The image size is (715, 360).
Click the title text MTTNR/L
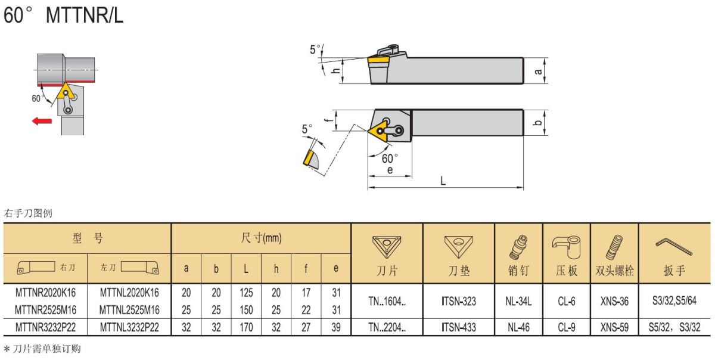click(x=85, y=15)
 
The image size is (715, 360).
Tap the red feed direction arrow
click(x=42, y=121)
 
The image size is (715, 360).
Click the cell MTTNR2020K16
click(x=46, y=293)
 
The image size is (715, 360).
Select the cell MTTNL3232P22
click(x=129, y=327)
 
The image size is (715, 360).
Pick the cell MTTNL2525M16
click(x=129, y=310)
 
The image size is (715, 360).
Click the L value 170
click(x=246, y=327)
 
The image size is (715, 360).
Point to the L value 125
click(x=246, y=293)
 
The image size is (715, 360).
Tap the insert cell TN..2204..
click(x=387, y=327)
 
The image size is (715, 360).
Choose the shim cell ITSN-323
click(x=459, y=301)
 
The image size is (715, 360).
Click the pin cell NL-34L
click(x=518, y=301)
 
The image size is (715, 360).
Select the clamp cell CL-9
click(x=567, y=327)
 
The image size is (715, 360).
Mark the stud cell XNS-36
click(x=614, y=301)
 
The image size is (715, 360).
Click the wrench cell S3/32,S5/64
click(x=674, y=300)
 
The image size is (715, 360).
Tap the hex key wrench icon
click(x=674, y=247)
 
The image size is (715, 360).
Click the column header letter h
click(x=276, y=269)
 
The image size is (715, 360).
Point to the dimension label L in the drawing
click(x=443, y=181)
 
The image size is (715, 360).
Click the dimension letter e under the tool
click(x=390, y=170)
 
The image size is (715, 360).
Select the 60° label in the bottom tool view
click(x=390, y=158)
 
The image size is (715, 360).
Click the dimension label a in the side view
click(x=538, y=71)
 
